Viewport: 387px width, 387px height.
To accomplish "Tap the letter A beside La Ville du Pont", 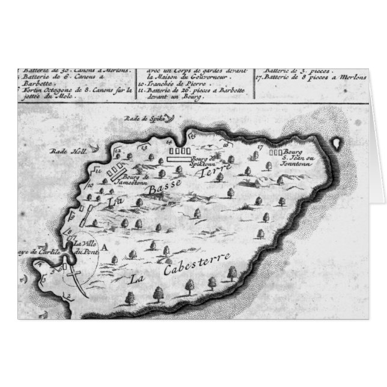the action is [106, 246].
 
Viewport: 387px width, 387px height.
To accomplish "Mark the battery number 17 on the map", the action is [260, 147].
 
